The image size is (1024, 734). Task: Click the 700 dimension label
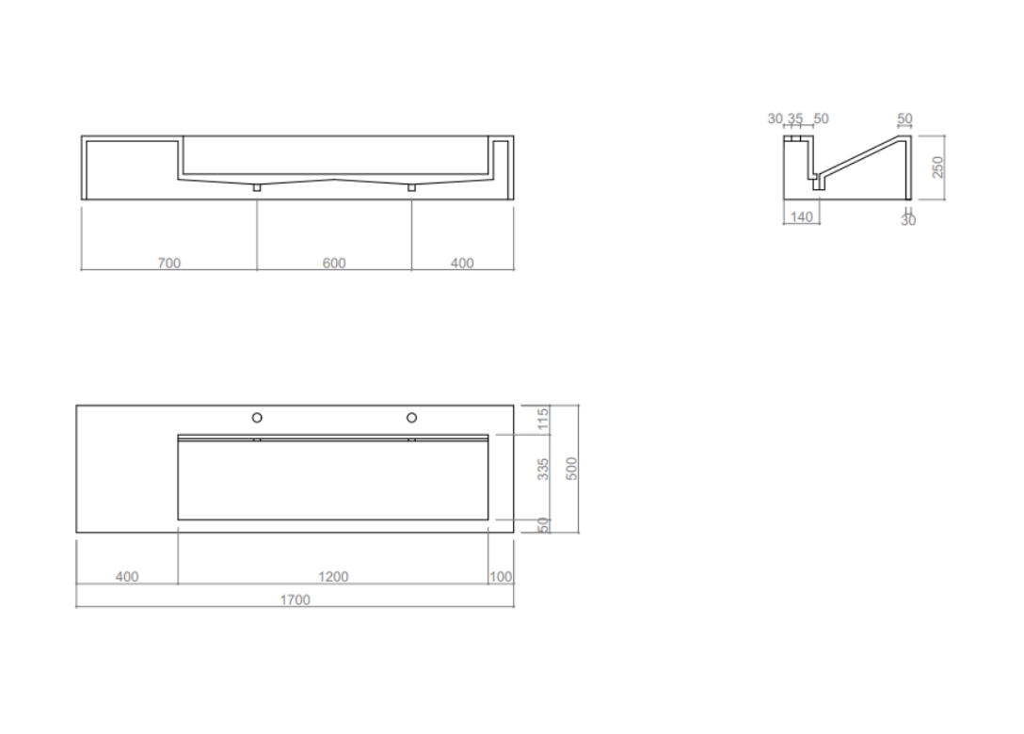click(169, 263)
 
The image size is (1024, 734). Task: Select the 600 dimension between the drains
click(334, 263)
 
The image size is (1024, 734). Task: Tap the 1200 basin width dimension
click(333, 576)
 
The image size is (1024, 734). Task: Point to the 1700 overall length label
click(296, 599)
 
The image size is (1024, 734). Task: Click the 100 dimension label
click(501, 577)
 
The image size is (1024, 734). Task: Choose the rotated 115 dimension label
click(543, 420)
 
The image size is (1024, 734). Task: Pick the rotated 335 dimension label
click(543, 469)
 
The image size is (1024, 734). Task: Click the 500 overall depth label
click(571, 469)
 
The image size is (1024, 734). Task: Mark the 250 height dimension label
click(937, 167)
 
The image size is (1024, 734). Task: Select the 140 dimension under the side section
click(801, 216)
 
